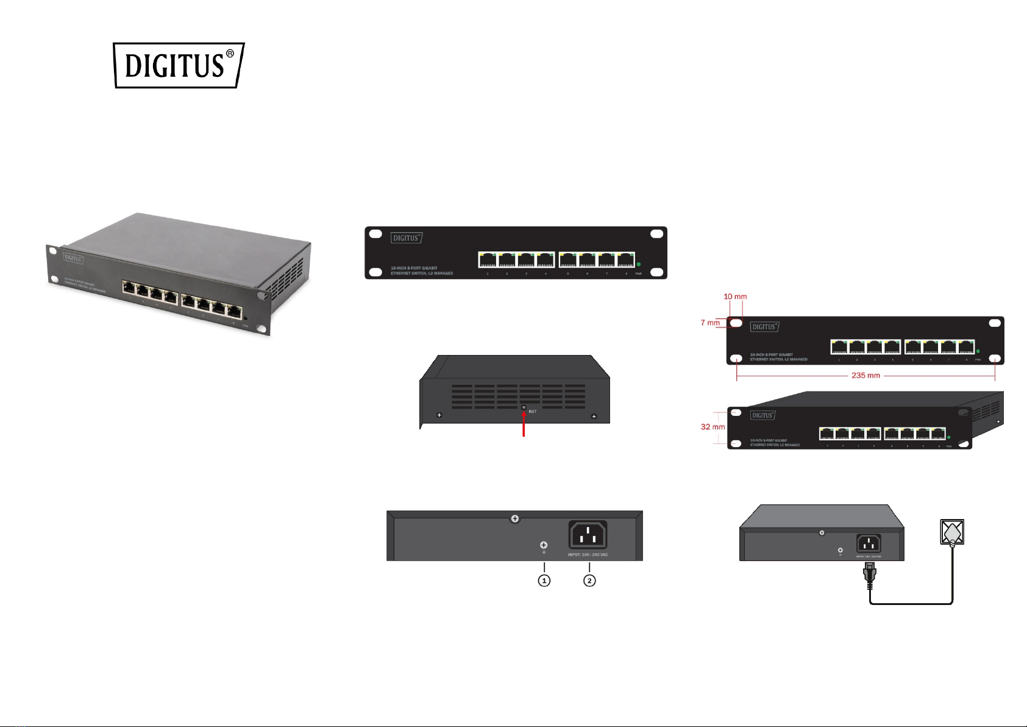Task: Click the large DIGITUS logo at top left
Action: tap(179, 65)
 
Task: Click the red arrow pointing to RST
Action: tap(524, 424)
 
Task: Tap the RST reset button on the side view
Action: tap(524, 407)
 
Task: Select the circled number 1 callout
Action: tap(544, 581)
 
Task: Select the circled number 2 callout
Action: tap(589, 581)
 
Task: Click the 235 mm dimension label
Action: tap(865, 376)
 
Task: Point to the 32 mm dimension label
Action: tap(713, 427)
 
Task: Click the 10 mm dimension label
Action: tap(735, 297)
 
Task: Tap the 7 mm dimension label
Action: tap(710, 323)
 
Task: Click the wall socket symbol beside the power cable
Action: tap(952, 532)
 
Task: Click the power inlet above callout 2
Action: tap(588, 535)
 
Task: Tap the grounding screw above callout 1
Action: tap(544, 545)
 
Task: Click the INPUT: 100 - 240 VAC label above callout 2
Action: tap(588, 555)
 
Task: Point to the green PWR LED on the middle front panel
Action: tap(638, 264)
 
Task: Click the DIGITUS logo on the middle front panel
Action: tap(407, 238)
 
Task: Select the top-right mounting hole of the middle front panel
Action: tap(656, 234)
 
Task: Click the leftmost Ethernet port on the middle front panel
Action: tap(488, 260)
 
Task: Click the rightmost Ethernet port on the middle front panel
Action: tap(625, 260)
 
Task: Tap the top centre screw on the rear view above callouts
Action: tap(515, 518)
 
